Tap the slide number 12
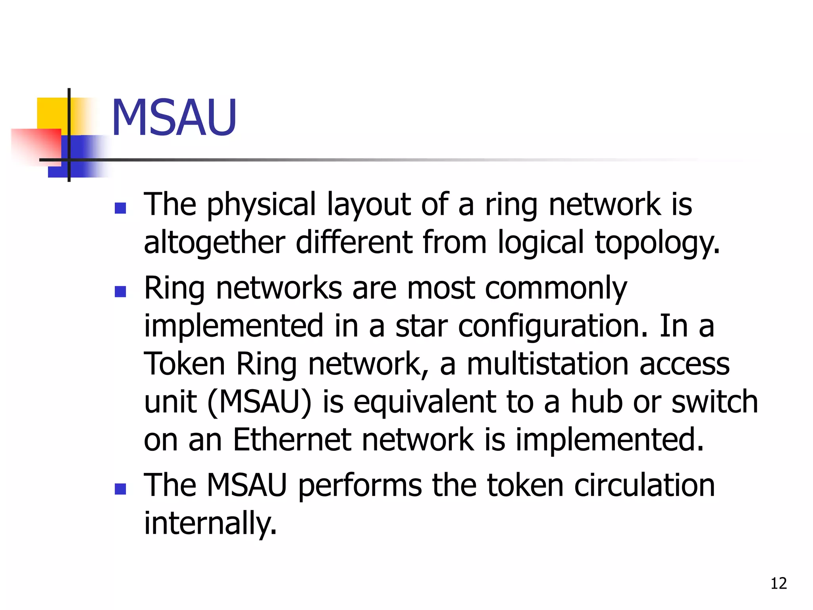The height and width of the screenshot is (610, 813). [778, 583]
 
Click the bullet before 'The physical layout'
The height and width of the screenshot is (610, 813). [120, 208]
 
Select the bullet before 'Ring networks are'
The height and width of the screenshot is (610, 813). [120, 292]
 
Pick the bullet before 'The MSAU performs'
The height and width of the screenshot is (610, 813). [120, 489]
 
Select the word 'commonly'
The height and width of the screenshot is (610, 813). [556, 288]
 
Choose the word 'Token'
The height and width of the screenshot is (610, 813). [185, 364]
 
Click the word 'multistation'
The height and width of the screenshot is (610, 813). [548, 364]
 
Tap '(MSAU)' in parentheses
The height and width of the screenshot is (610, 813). [260, 402]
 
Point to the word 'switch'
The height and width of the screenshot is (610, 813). [714, 402]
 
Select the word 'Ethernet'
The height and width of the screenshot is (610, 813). [292, 440]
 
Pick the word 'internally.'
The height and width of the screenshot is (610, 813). [210, 523]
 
